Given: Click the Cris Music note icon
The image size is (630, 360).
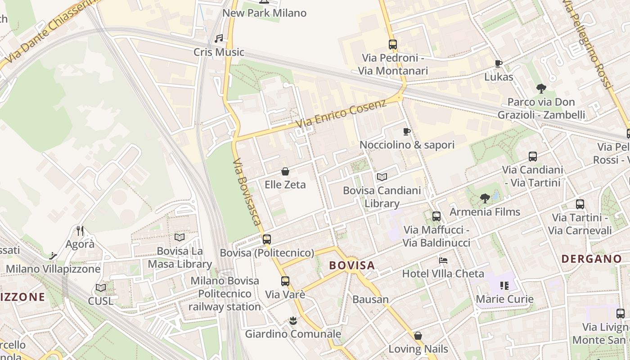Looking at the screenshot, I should (x=219, y=39).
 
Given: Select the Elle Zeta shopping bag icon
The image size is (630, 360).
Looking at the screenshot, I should (x=285, y=171).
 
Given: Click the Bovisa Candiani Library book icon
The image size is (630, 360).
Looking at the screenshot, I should (x=382, y=177).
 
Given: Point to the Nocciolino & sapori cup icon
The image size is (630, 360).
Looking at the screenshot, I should (x=407, y=132).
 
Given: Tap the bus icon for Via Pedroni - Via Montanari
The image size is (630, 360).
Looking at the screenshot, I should (x=393, y=45).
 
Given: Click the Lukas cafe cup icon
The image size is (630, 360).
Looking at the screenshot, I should (x=498, y=64).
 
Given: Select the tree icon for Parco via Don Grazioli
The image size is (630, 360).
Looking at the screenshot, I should (x=541, y=89).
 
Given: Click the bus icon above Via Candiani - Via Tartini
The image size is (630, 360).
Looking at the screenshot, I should (x=533, y=157).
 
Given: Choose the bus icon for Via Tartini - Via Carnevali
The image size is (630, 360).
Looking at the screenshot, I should (x=580, y=204).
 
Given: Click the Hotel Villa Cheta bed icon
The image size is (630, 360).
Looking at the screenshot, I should (x=443, y=261).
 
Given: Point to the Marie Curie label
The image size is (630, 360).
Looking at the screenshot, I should (x=504, y=299).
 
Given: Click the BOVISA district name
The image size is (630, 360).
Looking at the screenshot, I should (x=352, y=265).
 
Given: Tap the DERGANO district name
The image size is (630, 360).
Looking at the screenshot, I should (x=592, y=259).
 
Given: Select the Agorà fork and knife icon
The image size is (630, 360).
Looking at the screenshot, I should (x=80, y=231).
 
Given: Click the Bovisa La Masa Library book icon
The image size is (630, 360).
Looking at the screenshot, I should (x=180, y=237).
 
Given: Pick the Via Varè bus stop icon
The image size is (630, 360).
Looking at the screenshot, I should (x=285, y=281).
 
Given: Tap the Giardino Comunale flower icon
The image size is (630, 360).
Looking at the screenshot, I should (x=293, y=321).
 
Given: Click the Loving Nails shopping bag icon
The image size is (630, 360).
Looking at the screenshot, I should (x=418, y=336).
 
